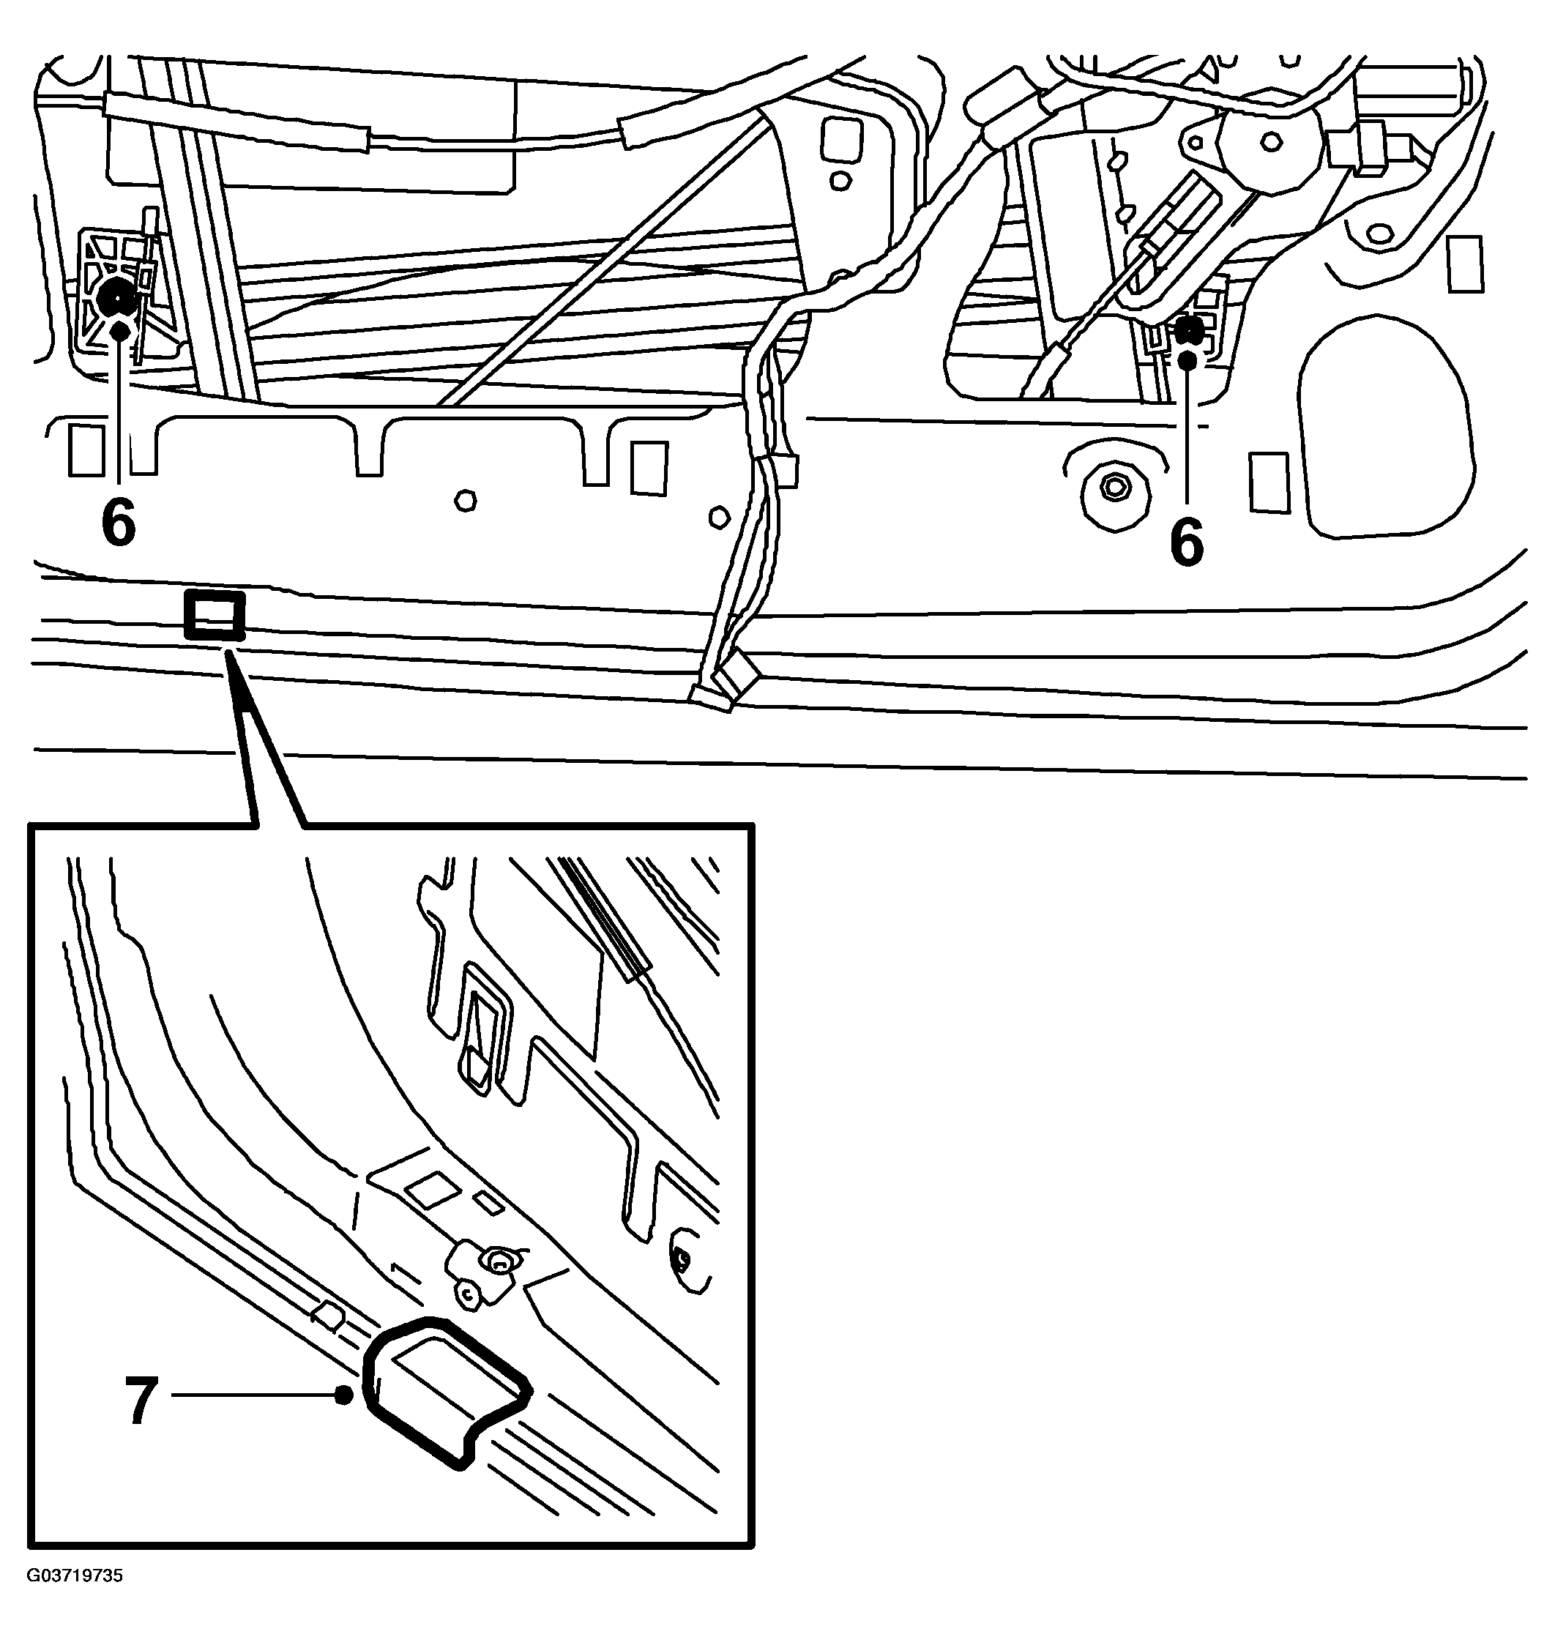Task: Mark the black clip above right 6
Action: tap(1190, 331)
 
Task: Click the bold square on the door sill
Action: tap(215, 615)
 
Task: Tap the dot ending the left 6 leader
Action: tap(119, 331)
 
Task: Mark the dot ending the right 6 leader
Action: tap(1187, 359)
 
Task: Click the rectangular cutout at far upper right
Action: tap(1465, 264)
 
